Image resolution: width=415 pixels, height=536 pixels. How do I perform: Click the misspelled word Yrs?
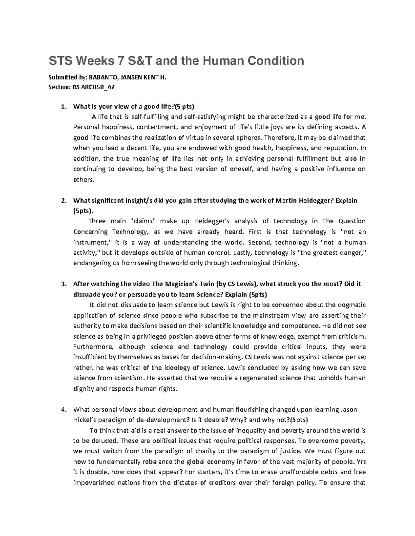[x=361, y=461]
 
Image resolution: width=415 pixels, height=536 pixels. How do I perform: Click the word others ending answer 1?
[x=83, y=179]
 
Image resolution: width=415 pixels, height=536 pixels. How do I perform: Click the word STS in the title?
[x=58, y=61]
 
